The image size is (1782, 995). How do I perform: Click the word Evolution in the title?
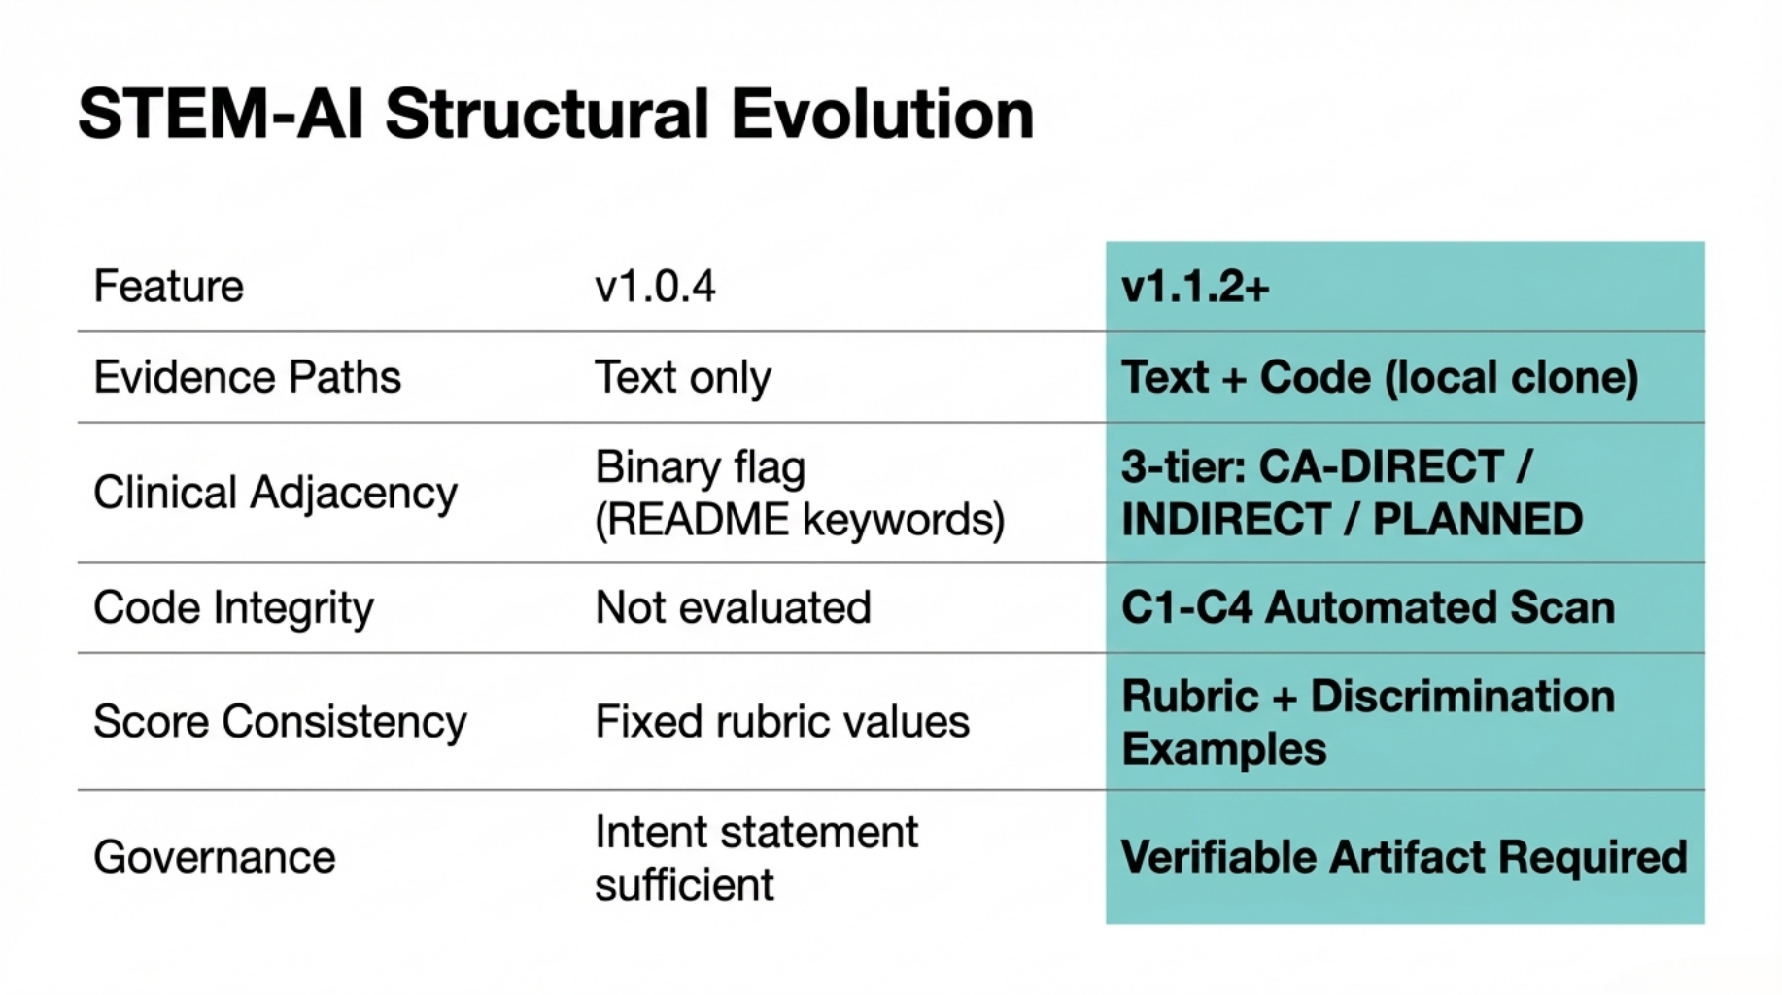(881, 115)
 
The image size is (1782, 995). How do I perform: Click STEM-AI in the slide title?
(221, 115)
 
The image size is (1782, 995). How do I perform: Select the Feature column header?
(168, 287)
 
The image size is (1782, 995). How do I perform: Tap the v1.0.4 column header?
(655, 287)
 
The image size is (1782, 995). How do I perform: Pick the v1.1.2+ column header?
(1195, 287)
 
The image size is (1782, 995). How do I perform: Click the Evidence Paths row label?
(247, 377)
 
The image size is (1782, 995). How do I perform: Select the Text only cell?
(683, 377)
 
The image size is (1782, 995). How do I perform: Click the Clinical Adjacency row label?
(275, 493)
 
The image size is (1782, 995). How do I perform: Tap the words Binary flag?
(700, 467)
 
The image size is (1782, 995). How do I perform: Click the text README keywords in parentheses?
(799, 520)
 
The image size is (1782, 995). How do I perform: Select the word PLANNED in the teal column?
(1477, 520)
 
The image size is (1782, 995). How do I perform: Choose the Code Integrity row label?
(233, 608)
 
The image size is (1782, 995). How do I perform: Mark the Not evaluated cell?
(733, 608)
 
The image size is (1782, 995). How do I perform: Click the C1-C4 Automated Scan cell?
(1367, 608)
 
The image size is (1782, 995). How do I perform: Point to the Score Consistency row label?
(280, 722)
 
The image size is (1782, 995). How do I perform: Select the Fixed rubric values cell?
(782, 722)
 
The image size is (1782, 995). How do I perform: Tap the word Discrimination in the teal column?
(1462, 697)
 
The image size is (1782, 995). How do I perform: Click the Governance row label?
(214, 858)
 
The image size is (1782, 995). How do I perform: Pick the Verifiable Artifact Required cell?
(1403, 858)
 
